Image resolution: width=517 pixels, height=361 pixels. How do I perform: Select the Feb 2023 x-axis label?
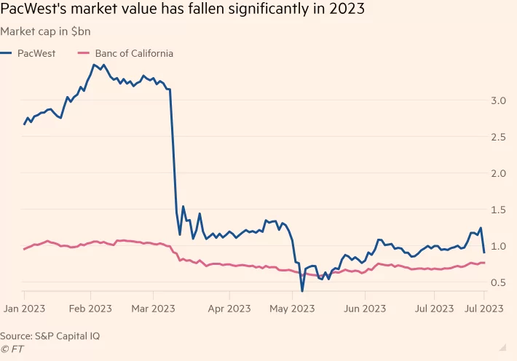(x=90, y=309)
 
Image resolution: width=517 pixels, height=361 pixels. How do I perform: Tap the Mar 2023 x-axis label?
(x=154, y=309)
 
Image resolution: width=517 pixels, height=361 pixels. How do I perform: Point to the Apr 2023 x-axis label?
(x=229, y=309)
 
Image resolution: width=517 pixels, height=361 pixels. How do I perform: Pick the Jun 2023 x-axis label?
(x=365, y=309)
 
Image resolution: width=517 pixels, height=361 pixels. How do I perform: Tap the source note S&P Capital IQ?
(x=50, y=336)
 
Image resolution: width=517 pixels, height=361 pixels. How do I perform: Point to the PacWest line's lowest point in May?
(x=302, y=291)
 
